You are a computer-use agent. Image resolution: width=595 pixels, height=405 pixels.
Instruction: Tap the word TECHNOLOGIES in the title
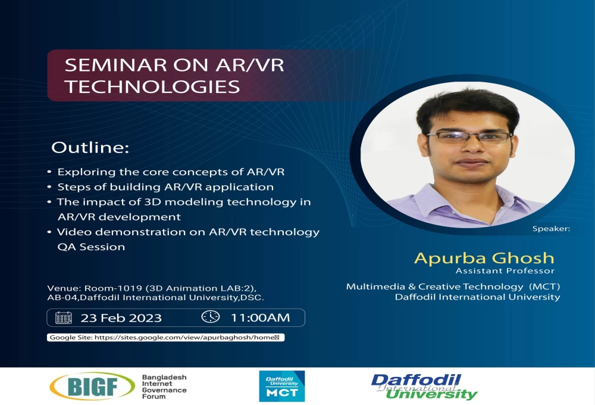pos(152,86)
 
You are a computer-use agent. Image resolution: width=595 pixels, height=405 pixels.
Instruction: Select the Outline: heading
pos(90,148)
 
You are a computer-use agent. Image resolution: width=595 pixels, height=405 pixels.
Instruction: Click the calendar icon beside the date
pos(64,317)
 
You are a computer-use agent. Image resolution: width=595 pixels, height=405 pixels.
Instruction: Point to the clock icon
pos(210,316)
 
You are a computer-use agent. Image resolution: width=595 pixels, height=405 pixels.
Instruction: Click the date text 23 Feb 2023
pos(121,317)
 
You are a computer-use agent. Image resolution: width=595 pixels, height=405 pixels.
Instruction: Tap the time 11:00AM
pos(261,317)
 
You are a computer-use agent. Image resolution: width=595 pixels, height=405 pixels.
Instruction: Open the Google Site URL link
pos(184,337)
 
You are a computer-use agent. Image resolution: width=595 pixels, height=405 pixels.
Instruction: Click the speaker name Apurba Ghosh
pos(484,258)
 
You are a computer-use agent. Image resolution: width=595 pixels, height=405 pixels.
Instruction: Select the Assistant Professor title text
pos(505,270)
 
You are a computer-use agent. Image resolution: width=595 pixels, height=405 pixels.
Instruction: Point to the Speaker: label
pos(551,229)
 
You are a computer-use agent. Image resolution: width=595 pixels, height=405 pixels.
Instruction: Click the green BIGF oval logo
pos(92,386)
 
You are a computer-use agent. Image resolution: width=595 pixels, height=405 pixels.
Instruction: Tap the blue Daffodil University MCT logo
pos(282,387)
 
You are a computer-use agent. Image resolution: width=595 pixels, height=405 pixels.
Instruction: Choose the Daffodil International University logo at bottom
pos(424,387)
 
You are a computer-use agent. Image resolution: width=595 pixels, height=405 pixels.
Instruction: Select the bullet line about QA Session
pos(91,247)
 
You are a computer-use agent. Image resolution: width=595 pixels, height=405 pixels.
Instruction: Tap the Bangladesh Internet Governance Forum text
pos(164,387)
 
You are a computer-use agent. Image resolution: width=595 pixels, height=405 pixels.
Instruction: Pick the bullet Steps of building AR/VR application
pos(165,187)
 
